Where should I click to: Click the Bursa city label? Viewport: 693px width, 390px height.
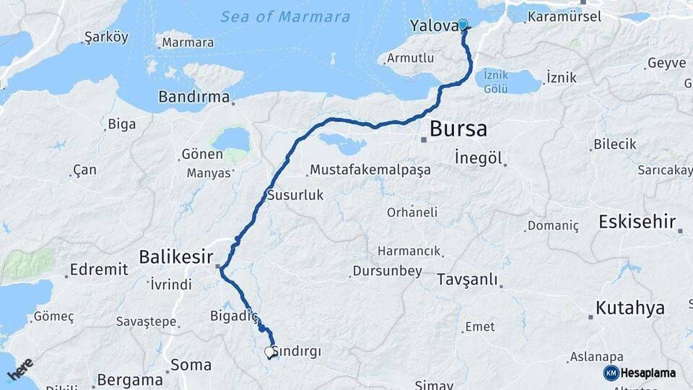click(458, 130)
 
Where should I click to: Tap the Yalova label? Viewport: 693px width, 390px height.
click(433, 26)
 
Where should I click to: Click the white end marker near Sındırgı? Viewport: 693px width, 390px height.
click(270, 352)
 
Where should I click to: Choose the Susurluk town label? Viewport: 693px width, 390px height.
click(295, 195)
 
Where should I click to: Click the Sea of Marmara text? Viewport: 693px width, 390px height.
click(285, 17)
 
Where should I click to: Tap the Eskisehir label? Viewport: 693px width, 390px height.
click(637, 221)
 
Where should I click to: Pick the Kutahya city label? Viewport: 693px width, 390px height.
click(629, 308)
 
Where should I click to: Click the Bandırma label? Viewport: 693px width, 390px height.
click(193, 96)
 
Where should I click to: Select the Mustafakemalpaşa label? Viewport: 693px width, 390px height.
click(370, 170)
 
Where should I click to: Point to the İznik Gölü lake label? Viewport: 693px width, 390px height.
click(497, 81)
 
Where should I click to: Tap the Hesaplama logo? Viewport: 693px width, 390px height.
click(640, 373)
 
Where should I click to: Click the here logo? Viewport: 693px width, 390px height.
click(20, 370)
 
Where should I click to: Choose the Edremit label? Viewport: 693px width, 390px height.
click(98, 270)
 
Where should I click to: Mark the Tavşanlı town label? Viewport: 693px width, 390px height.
click(467, 279)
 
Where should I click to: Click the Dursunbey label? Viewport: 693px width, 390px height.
click(385, 272)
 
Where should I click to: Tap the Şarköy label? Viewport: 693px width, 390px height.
click(106, 37)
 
